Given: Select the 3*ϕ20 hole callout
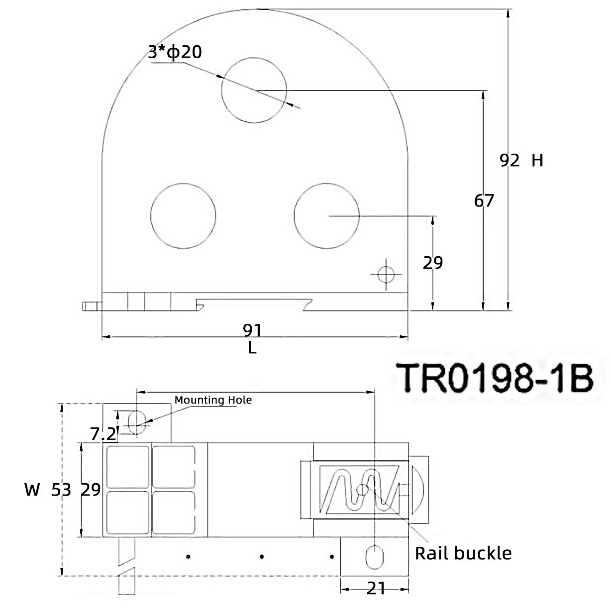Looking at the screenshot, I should tap(175, 52).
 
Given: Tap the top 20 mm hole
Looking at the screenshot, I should tap(254, 90).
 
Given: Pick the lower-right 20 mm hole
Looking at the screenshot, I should tap(326, 216).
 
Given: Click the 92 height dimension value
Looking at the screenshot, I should tap(510, 160).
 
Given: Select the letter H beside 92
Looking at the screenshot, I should tap(537, 160).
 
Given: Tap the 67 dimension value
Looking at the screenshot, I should tap(484, 201).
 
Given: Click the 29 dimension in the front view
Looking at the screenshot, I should tap(432, 263).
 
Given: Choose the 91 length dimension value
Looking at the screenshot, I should tap(252, 329).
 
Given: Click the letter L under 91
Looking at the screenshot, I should tap(252, 348).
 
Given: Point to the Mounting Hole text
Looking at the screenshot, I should tap(213, 400).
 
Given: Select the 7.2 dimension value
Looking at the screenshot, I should tap(103, 434).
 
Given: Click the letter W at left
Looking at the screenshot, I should tap(32, 490).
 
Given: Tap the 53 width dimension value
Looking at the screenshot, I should tap(62, 490).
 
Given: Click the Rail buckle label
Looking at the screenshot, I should tap(463, 553).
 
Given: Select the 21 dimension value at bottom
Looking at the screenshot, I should tap(376, 589).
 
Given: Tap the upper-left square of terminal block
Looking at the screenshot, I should tap(128, 467).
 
